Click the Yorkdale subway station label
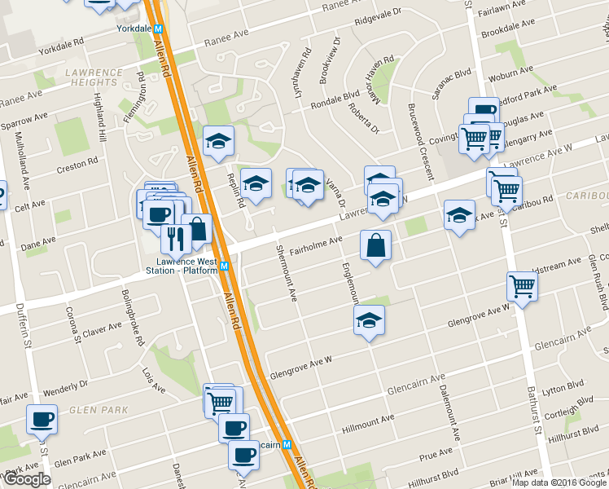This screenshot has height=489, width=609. tap(134, 28)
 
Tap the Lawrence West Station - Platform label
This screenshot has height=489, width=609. tap(186, 266)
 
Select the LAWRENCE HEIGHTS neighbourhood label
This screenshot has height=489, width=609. tap(94, 77)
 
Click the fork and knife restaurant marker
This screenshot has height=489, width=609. tap(175, 237)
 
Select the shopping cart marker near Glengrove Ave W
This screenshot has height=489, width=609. tap(522, 286)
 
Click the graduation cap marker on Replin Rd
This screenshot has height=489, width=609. tap(218, 141)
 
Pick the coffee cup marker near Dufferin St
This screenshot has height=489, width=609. tap(42, 420)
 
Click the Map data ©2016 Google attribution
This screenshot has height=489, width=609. tap(559, 482)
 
